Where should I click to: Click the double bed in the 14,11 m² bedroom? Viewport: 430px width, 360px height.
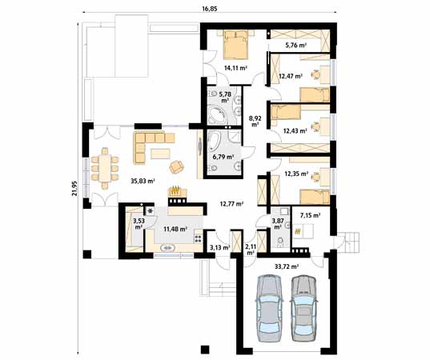tap(236, 44)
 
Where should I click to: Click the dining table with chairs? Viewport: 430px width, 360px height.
tap(103, 170)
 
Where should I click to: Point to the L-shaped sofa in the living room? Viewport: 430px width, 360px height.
tap(151, 145)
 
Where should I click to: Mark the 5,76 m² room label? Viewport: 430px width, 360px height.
tap(296, 46)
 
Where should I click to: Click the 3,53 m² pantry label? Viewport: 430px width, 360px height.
tap(139, 223)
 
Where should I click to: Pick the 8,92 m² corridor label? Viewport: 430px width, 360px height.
tap(255, 121)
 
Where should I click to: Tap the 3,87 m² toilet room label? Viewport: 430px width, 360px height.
tap(278, 223)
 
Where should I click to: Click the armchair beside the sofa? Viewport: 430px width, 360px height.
tap(176, 166)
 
